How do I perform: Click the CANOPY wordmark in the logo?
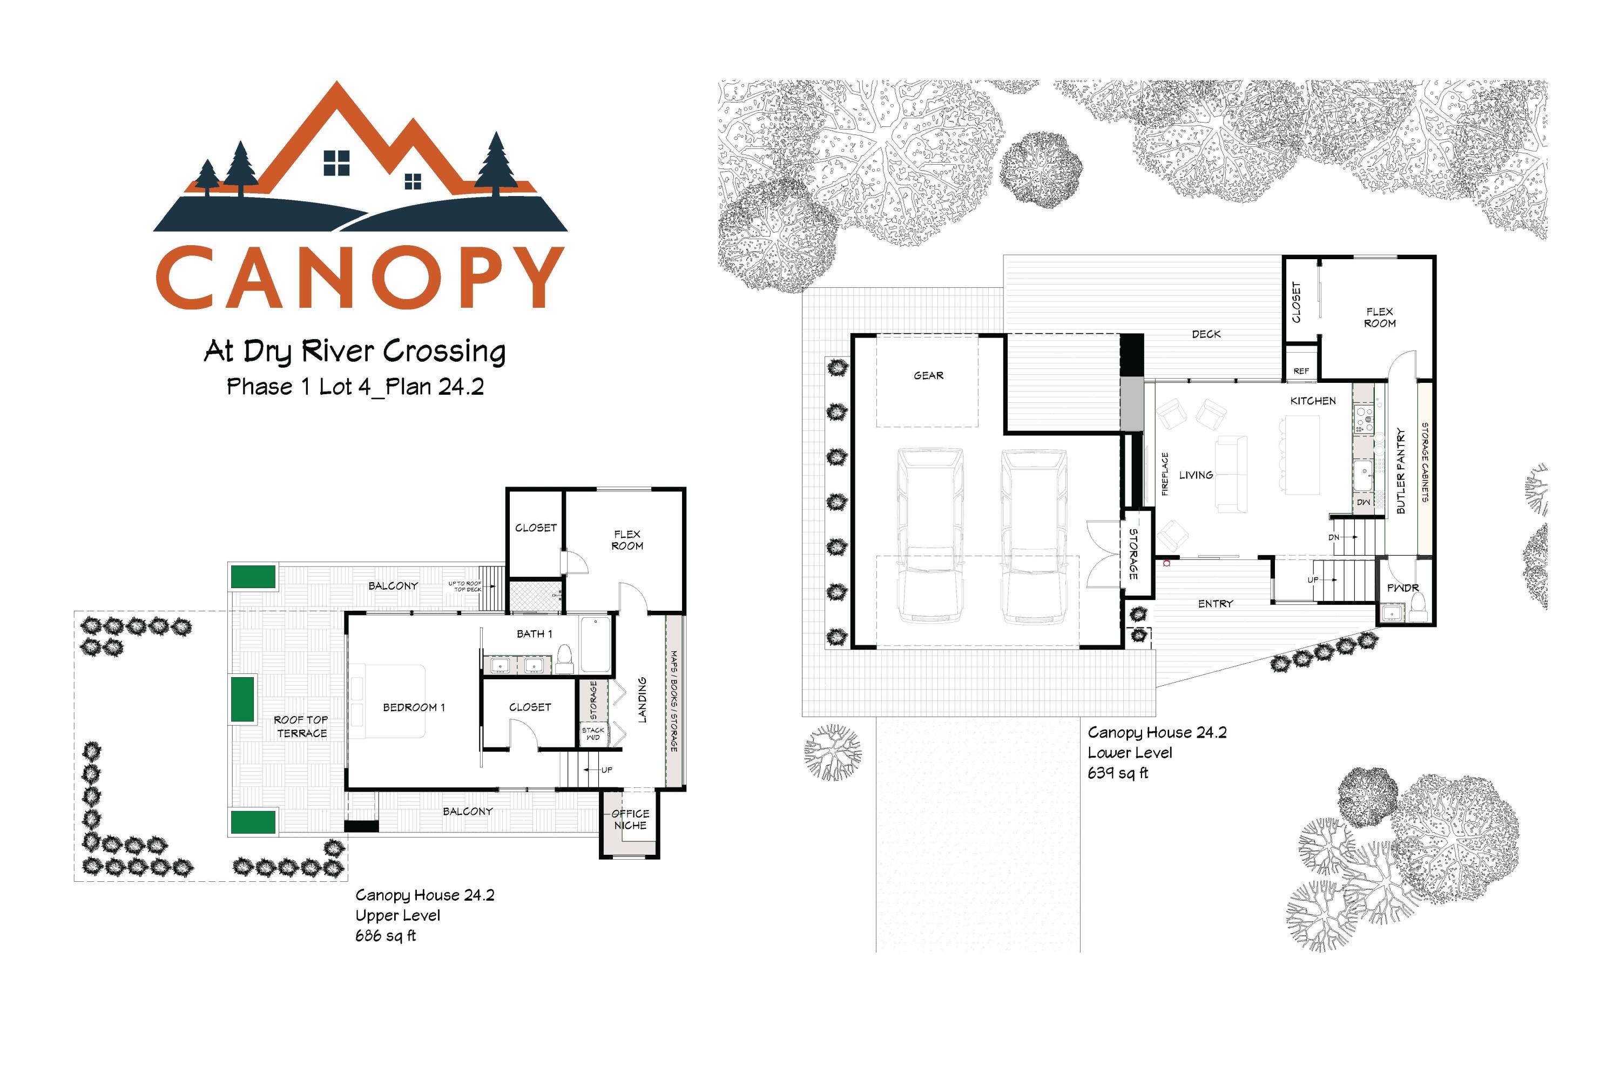(360, 278)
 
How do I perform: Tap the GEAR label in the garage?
(928, 375)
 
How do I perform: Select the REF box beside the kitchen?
(1300, 370)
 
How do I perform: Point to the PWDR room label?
(1403, 588)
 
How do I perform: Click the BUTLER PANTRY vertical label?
(1400, 470)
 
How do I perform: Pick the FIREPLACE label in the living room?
(1165, 474)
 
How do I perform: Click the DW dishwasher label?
(1363, 502)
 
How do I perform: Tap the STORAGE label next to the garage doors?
(1133, 553)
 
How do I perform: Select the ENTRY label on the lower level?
(1215, 603)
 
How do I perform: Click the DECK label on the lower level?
(1206, 334)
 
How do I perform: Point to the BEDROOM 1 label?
(414, 707)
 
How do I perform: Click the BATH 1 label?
(535, 633)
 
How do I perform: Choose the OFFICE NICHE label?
(630, 819)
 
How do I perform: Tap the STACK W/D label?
(592, 733)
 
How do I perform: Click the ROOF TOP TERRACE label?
(301, 726)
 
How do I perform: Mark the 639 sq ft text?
(1117, 773)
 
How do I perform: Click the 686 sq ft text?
(385, 935)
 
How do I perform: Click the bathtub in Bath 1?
(595, 644)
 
